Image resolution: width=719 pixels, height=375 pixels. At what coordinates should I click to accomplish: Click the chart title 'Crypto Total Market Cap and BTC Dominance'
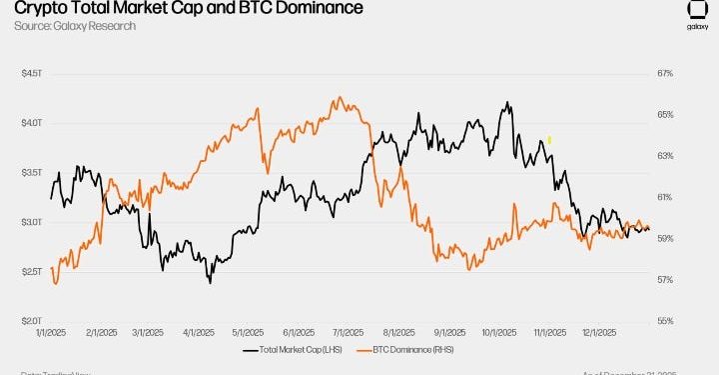point(182,9)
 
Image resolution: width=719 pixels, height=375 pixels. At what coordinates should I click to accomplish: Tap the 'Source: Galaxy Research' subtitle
point(76,26)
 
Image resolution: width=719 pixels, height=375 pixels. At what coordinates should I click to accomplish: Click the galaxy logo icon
point(697,13)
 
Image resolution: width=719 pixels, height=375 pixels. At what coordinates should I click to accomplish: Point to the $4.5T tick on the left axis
point(33,73)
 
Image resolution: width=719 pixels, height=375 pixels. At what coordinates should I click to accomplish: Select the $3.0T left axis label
point(33,222)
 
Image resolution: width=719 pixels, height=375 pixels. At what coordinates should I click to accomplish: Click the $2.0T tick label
point(33,321)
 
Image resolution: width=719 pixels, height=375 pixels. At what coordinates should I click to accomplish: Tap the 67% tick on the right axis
point(666,73)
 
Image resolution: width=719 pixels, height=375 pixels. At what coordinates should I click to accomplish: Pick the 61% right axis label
point(666,197)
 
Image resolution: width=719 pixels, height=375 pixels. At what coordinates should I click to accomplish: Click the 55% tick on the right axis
point(666,321)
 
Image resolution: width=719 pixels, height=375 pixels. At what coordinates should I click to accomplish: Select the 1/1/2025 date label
point(52,332)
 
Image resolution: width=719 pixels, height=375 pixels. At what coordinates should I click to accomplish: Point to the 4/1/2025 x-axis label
point(200,332)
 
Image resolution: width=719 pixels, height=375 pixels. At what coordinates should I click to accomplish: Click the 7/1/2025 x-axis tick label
point(346,332)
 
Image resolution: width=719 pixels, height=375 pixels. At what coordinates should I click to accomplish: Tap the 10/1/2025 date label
point(496,332)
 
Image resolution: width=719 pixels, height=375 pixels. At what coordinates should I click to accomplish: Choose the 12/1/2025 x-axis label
point(596,332)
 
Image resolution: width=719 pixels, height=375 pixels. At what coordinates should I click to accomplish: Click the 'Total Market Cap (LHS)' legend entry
point(301,350)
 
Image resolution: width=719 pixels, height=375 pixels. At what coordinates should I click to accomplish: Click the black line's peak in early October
point(508,102)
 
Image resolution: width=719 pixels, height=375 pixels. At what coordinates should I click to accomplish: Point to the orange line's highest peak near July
point(340,98)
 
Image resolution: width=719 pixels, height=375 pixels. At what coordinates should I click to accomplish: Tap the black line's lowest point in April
point(210,283)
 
